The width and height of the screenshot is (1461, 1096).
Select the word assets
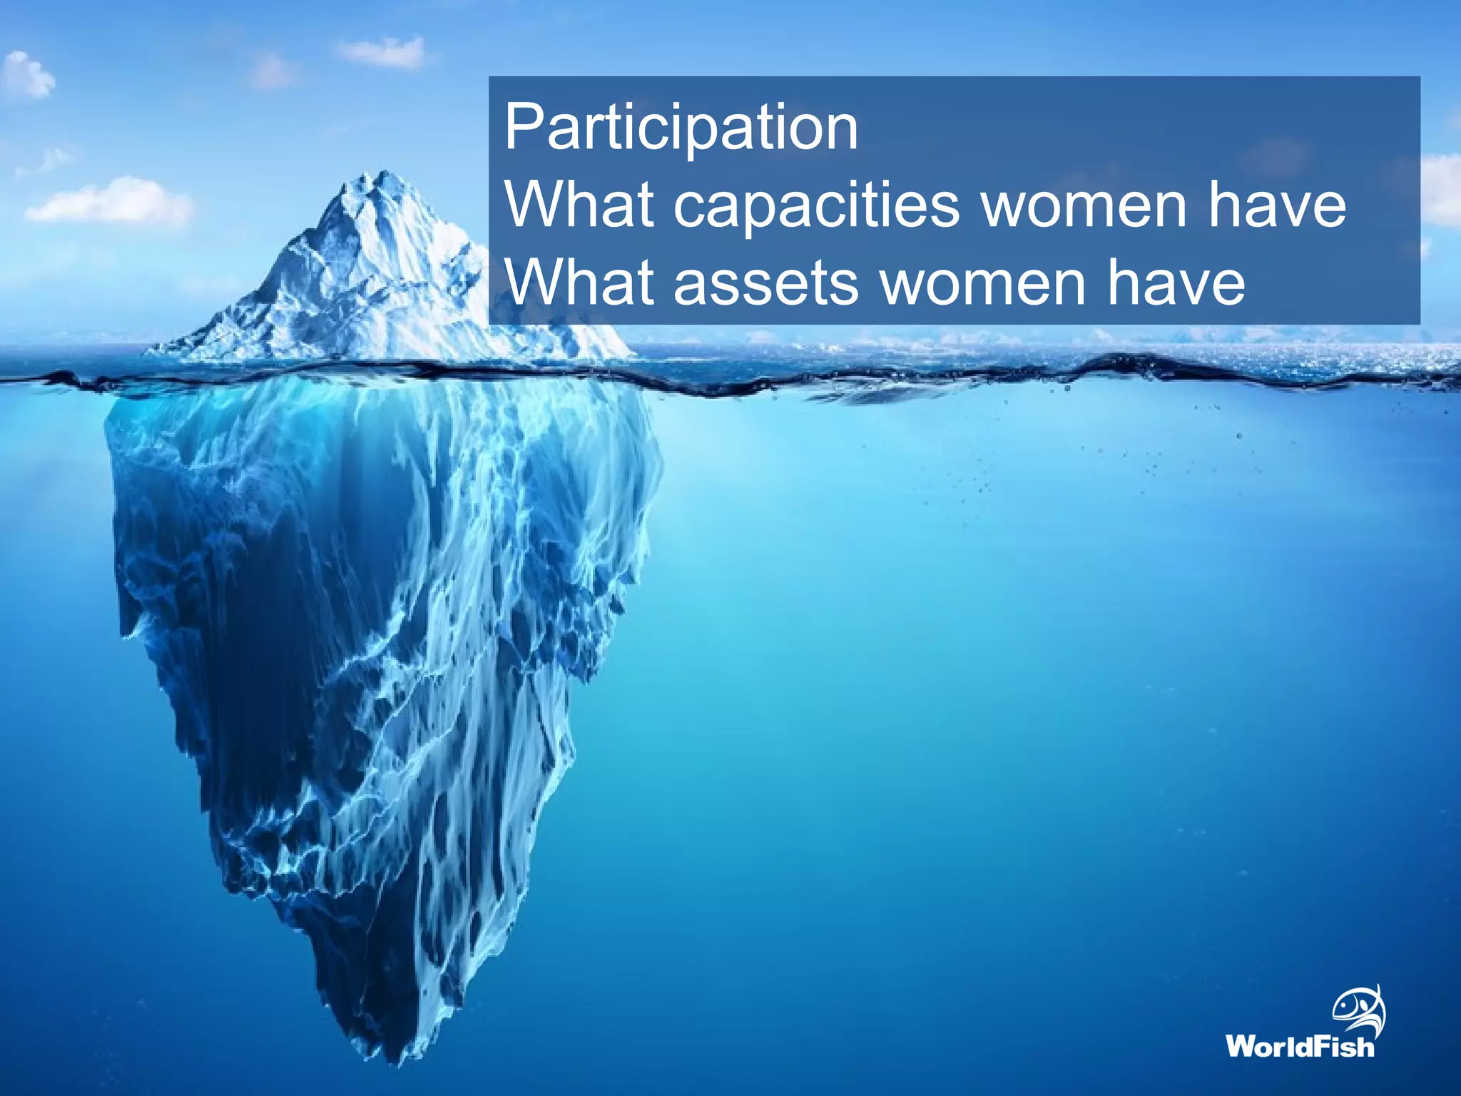766,283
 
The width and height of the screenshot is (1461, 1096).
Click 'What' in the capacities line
579,205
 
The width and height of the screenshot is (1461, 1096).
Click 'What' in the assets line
579,283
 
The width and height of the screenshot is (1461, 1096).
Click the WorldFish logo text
1300,1047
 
